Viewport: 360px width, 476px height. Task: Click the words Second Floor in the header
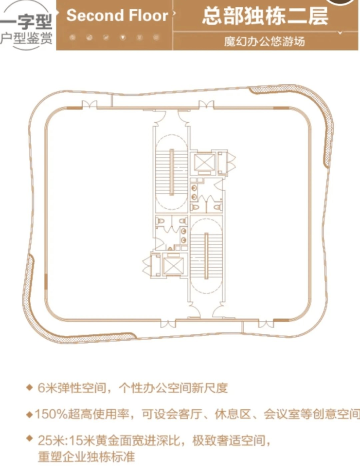(117, 15)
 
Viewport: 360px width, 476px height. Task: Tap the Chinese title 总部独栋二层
(266, 16)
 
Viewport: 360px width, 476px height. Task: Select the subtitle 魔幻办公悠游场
(265, 41)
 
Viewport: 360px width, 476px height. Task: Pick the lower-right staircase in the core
(206, 256)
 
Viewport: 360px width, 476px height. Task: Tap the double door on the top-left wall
(90, 105)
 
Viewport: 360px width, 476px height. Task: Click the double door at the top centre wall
(206, 105)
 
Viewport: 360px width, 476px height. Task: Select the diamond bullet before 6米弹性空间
(29, 388)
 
